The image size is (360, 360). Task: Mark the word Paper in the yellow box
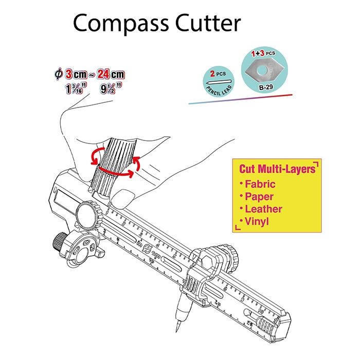coord(260,196)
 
